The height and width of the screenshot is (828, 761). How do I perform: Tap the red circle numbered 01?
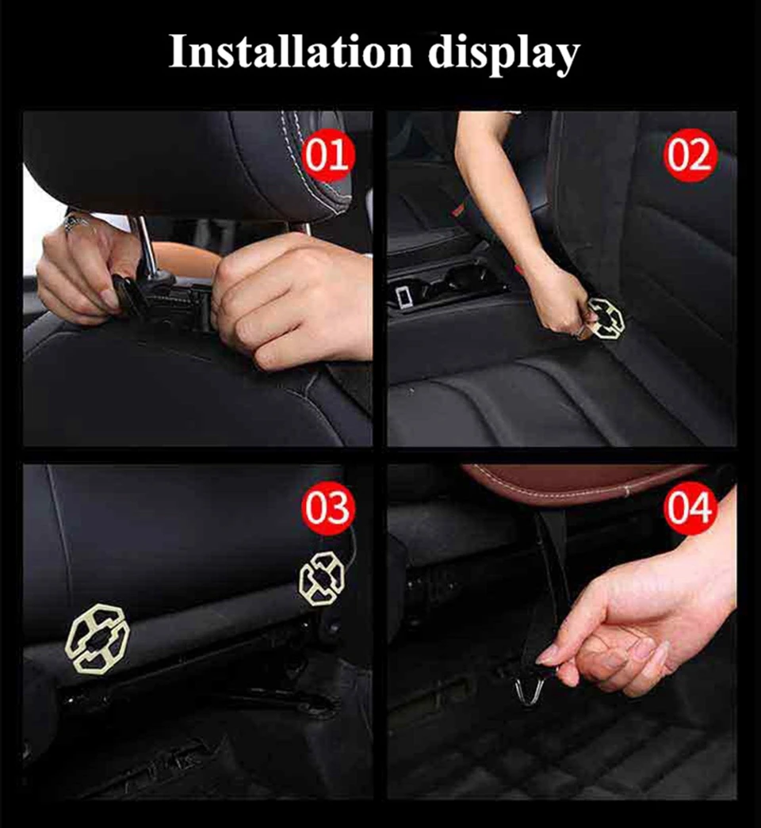[327, 155]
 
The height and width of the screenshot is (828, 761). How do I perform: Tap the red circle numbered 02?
[689, 155]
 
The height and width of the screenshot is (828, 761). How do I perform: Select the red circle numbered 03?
[327, 507]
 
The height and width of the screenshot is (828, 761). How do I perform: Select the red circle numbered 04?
[689, 507]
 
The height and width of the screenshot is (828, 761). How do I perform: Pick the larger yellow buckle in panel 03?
[98, 638]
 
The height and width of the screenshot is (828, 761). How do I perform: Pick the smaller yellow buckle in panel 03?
[321, 578]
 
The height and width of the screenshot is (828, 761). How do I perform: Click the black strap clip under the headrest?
[129, 294]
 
